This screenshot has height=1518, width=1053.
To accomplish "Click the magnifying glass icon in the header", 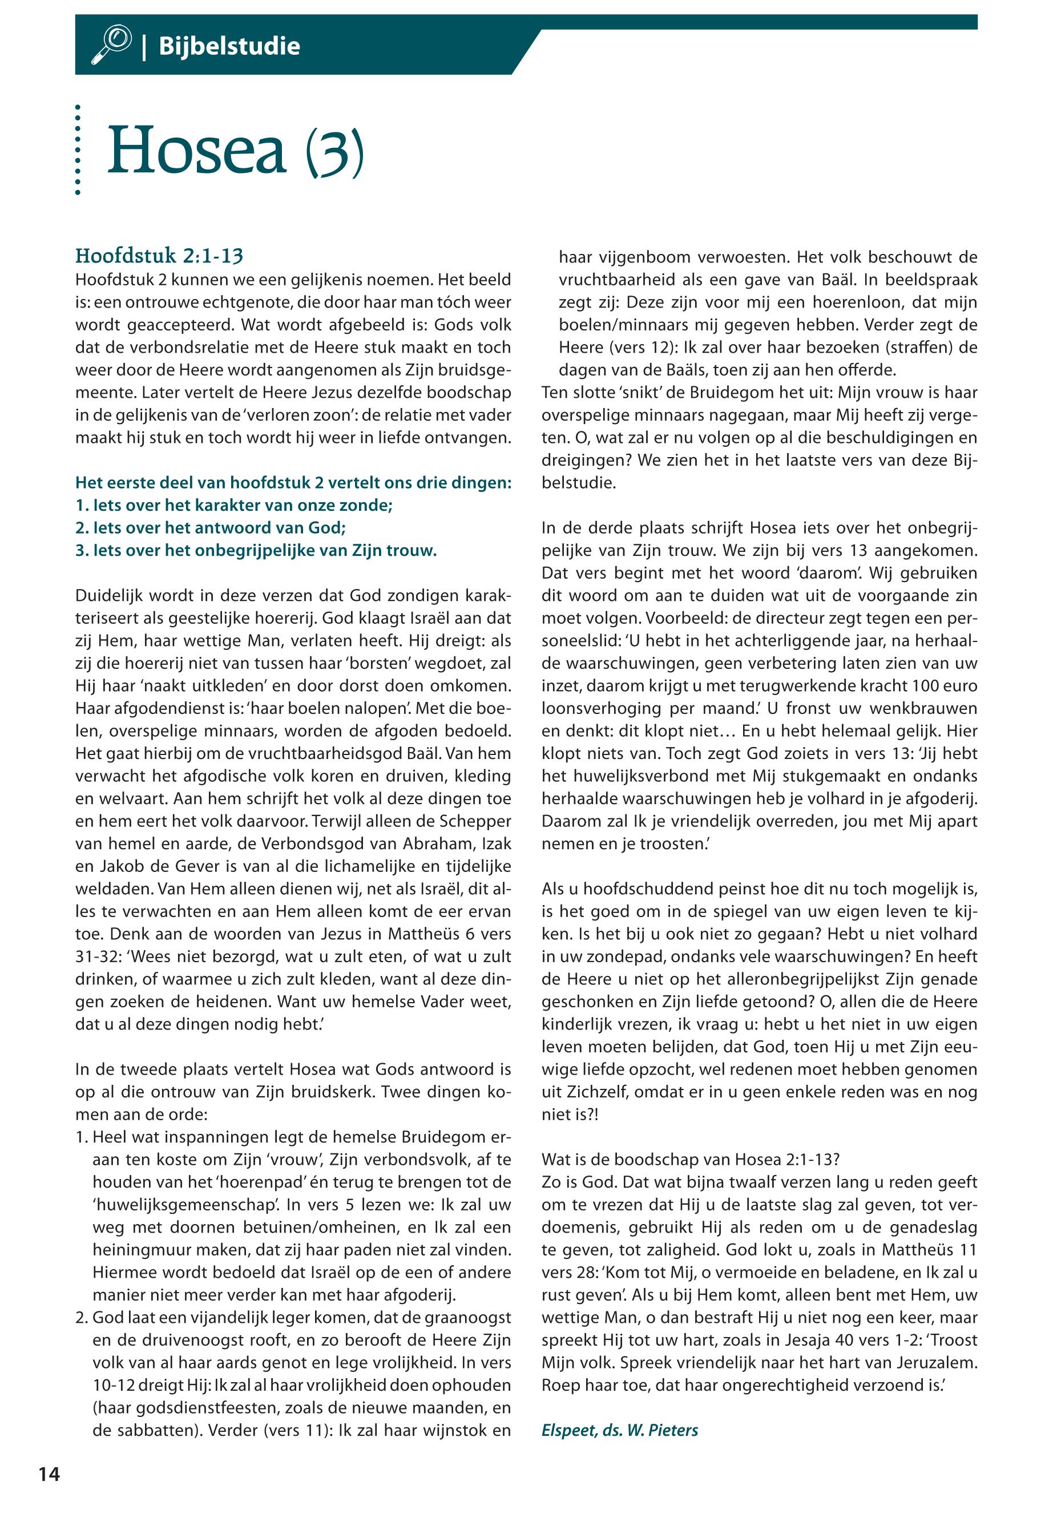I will point(111,45).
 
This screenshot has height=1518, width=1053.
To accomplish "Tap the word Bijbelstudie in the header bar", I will point(229,46).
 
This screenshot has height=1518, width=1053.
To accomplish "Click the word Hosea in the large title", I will point(196,151).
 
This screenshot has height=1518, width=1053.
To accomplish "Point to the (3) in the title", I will point(334,152).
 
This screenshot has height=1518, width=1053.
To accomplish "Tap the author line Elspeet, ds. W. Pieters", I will point(619,1430).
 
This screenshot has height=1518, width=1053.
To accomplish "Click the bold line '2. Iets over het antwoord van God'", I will point(211,528).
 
